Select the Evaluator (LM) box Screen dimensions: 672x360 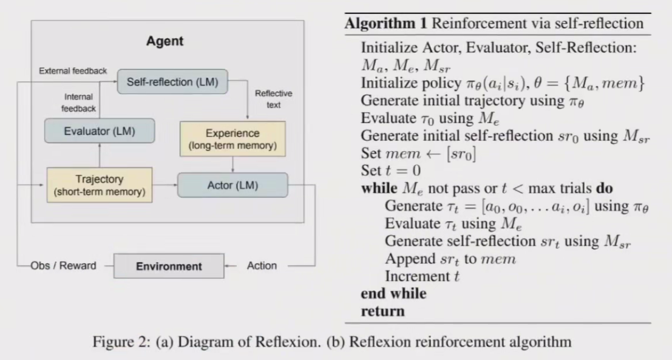click(x=100, y=131)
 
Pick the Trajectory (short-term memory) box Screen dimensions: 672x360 click(x=99, y=185)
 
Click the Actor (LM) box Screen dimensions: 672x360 click(x=232, y=185)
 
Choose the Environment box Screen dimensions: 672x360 click(x=168, y=266)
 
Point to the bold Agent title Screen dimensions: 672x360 click(x=165, y=42)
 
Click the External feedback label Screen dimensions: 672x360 click(x=73, y=70)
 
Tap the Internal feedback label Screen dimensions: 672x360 click(x=80, y=102)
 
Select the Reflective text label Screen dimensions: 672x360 click(x=273, y=99)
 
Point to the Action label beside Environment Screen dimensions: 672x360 click(x=262, y=266)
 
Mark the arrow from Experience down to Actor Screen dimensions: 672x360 click(x=233, y=163)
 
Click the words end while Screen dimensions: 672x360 click(x=393, y=294)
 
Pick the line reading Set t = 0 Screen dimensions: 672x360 click(x=391, y=171)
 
